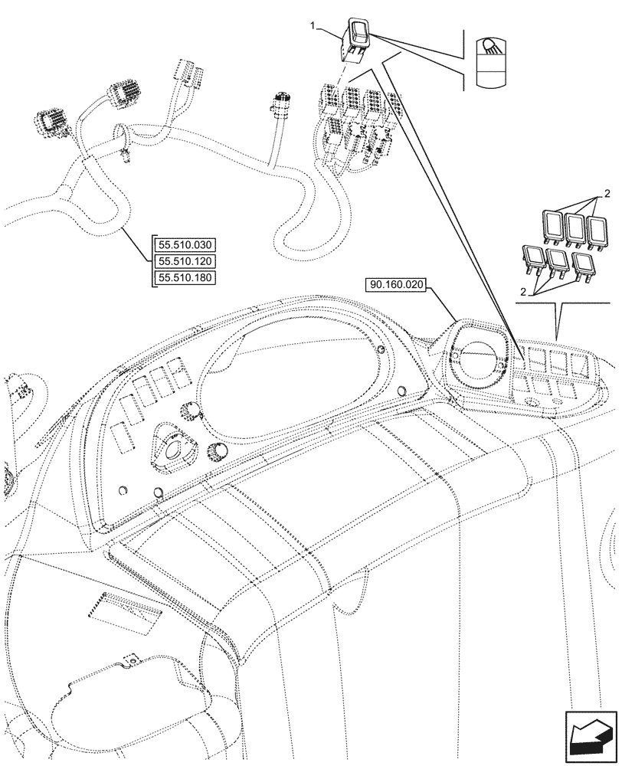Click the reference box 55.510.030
point(186,245)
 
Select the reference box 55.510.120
point(186,261)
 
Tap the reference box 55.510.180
point(186,277)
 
